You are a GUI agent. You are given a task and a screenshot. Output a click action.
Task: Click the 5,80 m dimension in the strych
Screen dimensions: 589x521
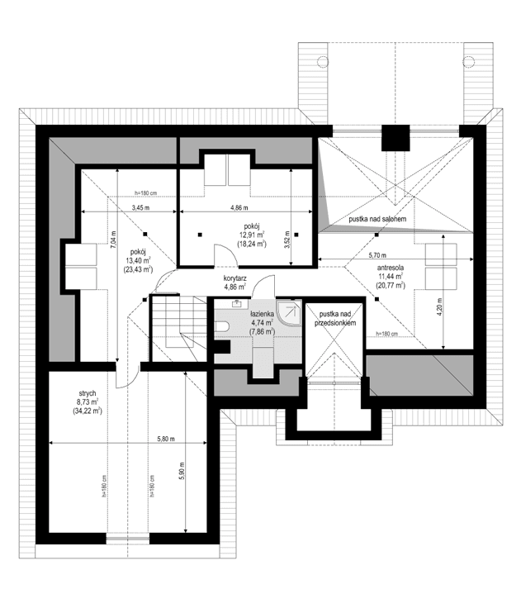pyautogui.click(x=166, y=439)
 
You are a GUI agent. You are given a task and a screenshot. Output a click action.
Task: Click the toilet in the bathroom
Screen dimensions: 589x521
pyautogui.click(x=222, y=329)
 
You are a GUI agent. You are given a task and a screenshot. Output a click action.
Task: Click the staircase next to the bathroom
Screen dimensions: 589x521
pyautogui.click(x=176, y=328)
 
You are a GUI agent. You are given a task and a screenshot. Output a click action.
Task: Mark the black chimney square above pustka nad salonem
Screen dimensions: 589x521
pyautogui.click(x=395, y=137)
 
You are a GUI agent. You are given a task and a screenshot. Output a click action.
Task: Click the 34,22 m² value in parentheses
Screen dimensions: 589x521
pyautogui.click(x=87, y=410)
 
